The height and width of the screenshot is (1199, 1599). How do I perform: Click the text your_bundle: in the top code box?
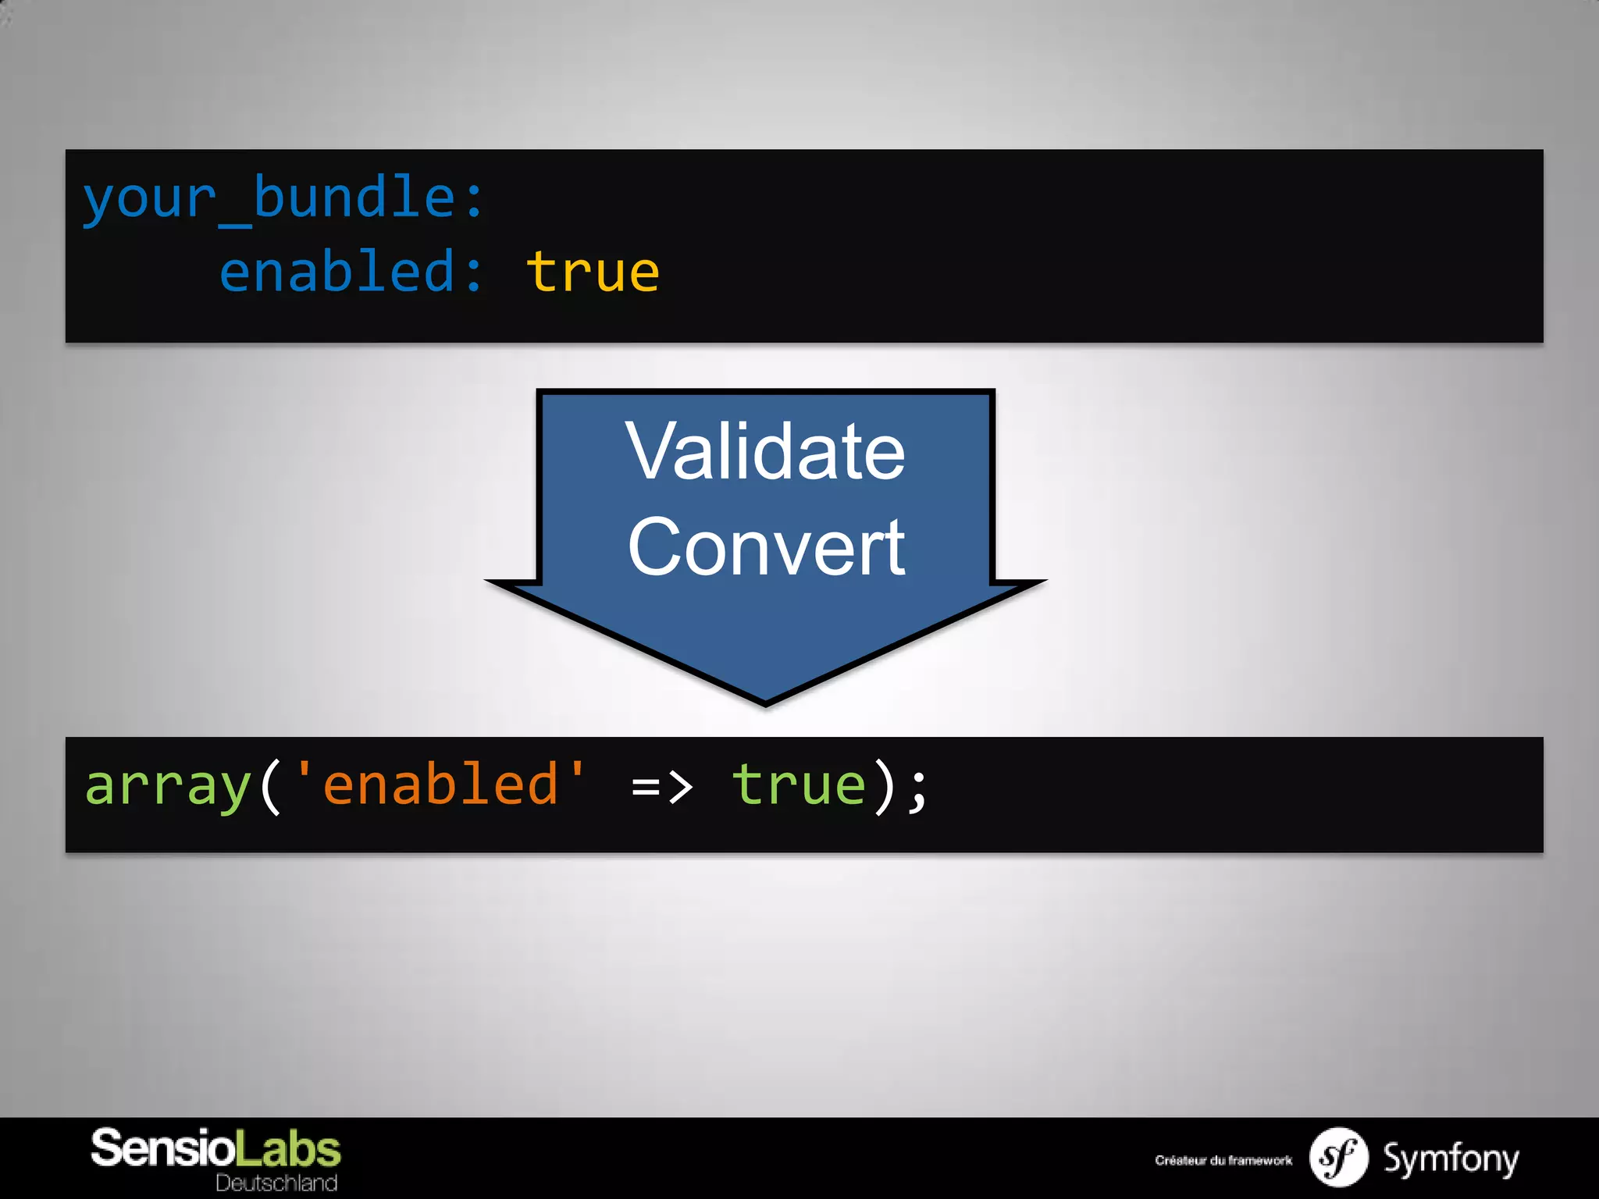tap(283, 199)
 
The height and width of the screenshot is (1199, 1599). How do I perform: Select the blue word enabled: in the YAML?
tap(351, 272)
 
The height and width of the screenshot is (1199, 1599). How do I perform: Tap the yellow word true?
tap(592, 272)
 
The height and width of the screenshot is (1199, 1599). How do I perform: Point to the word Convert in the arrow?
tap(766, 548)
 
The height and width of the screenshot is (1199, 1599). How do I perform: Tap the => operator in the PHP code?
tap(661, 786)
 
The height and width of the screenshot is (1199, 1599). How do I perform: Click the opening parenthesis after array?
tap(270, 786)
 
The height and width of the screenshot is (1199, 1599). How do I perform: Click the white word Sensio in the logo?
tap(162, 1149)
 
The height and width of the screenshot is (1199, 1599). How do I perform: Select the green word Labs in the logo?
tap(288, 1149)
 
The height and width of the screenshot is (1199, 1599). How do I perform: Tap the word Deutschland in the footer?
tap(276, 1183)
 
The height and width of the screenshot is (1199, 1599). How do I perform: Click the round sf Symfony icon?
tap(1338, 1158)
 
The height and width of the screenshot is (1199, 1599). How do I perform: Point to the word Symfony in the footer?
tap(1451, 1158)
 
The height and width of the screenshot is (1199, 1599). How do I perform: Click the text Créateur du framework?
tap(1223, 1161)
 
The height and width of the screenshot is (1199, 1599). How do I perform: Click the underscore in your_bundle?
tap(235, 224)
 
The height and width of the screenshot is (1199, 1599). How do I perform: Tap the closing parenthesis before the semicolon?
tap(885, 786)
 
